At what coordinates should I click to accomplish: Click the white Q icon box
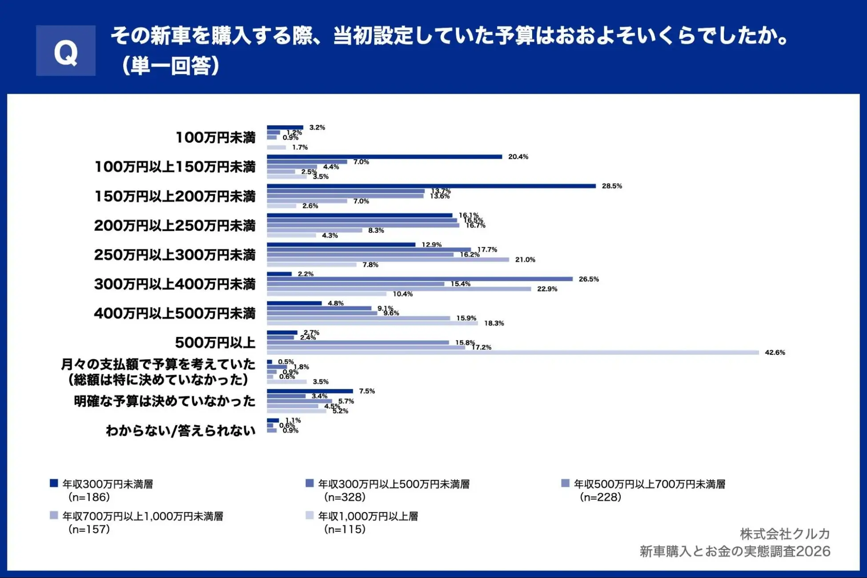66,51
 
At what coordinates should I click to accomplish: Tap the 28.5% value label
612,186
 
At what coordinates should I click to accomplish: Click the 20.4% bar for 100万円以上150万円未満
384,157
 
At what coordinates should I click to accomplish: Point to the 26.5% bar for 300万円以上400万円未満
419,279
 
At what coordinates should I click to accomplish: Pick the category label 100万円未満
216,137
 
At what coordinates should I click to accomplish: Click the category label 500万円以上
215,342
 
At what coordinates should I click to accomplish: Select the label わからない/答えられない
181,430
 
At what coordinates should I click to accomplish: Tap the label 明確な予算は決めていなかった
165,401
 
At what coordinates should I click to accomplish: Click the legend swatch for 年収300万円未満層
54,483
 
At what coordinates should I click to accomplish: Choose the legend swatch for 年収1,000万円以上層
309,515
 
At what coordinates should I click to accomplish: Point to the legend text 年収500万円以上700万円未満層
649,484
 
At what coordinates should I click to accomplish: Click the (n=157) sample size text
89,529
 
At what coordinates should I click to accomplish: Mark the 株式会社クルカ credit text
785,534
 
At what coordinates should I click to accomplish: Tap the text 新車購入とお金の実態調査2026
735,551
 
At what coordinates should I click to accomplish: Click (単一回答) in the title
171,66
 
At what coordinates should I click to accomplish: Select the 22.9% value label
547,289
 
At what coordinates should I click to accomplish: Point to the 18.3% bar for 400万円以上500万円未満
372,323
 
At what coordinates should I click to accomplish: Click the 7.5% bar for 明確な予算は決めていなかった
309,391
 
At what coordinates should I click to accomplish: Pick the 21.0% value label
525,260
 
